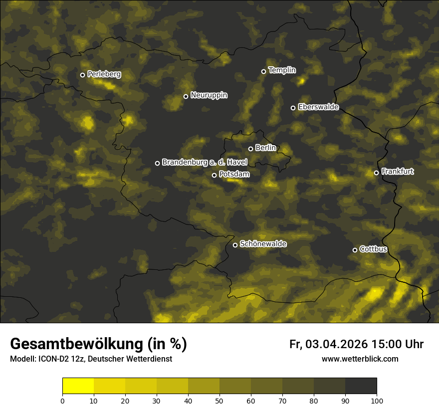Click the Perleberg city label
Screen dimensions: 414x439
(x=104, y=74)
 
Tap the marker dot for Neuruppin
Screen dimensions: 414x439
(x=186, y=96)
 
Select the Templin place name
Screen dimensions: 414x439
(x=282, y=70)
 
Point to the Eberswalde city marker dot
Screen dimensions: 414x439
(x=293, y=108)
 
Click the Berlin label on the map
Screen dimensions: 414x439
(x=265, y=148)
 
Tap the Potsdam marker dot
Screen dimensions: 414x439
(x=214, y=175)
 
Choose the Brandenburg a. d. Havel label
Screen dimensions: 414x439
(x=205, y=162)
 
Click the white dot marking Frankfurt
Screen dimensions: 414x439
(x=376, y=173)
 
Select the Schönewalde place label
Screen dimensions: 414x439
(x=263, y=244)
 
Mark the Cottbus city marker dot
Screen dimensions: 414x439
(x=355, y=250)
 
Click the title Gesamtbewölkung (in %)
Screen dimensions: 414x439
(x=98, y=344)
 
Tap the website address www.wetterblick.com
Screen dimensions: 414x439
(x=360, y=359)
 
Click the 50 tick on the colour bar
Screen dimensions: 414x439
(x=219, y=401)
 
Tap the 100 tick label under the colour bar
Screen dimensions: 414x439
(x=377, y=401)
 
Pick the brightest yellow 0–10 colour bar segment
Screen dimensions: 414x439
(x=78, y=386)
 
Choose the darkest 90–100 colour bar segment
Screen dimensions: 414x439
(x=361, y=386)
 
